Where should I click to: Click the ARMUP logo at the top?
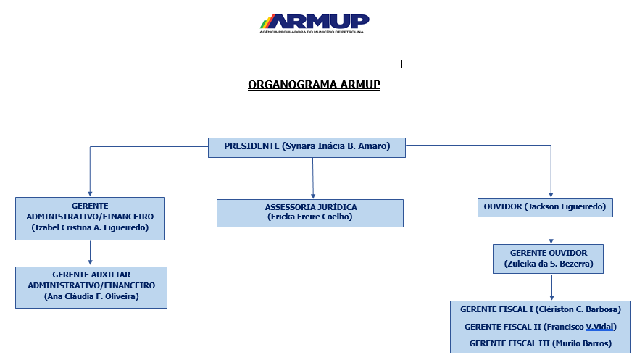315,23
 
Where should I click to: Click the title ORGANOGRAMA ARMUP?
314,85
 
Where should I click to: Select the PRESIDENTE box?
307,147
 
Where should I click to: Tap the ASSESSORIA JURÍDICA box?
310,213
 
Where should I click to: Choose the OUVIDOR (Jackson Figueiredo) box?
545,207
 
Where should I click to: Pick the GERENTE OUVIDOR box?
548,259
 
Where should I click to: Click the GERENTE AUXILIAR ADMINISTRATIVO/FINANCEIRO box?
91,288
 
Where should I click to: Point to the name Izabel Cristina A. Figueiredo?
90,227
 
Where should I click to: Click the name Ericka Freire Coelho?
310,217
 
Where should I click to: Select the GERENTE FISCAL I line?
541,309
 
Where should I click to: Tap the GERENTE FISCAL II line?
541,327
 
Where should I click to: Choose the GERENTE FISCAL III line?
541,343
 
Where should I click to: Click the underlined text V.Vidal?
599,327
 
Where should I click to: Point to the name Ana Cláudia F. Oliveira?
91,296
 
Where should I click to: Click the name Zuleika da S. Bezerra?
549,264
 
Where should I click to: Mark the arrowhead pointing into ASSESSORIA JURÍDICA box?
313,196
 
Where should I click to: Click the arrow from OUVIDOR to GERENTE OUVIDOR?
551,230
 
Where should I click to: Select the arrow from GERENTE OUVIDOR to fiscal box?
551,288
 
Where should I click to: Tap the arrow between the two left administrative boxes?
90,253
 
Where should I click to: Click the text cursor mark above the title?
401,64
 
